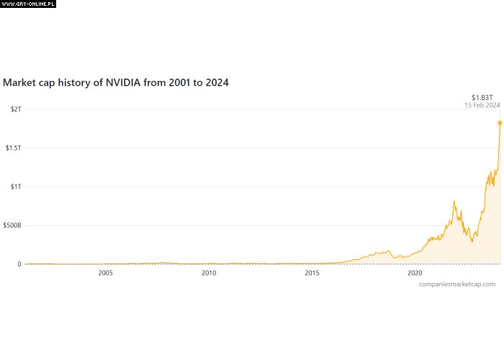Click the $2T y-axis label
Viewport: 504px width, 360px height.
point(14,109)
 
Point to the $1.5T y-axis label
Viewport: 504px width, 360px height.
point(13,148)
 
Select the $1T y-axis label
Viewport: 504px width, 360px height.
point(14,186)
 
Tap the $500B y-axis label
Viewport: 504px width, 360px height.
point(12,225)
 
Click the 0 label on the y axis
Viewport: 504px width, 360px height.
point(19,264)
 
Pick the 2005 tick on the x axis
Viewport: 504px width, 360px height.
point(106,274)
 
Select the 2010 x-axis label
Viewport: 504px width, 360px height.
point(209,274)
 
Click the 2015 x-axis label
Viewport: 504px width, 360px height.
point(312,274)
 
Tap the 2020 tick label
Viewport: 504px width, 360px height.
point(415,274)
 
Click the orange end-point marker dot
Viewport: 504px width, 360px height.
point(500,122)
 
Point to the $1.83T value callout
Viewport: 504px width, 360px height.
point(482,96)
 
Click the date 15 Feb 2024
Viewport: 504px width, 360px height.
point(482,105)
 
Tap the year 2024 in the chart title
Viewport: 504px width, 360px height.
point(217,83)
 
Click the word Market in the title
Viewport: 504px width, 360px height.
point(19,83)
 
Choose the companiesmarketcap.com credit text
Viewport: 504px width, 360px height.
point(456,284)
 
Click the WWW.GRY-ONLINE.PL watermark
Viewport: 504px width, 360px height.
point(28,4)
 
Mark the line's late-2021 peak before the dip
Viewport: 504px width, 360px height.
point(454,202)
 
